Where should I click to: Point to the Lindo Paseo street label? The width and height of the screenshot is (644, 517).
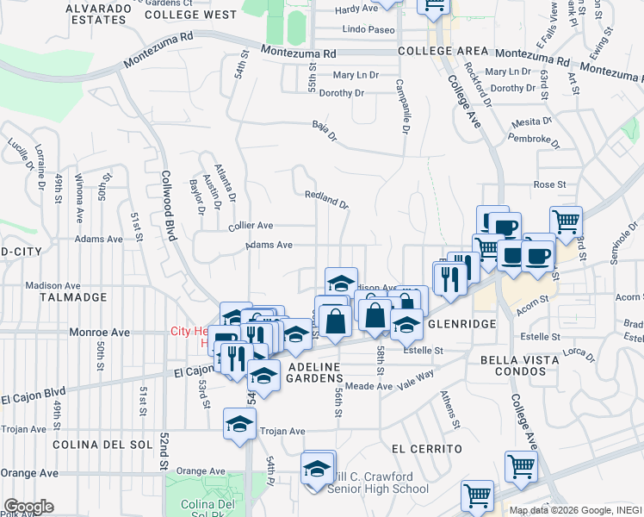tap(368, 29)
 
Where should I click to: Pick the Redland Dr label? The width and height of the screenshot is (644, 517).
tap(327, 200)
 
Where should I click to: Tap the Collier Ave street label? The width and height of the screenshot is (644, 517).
tap(251, 226)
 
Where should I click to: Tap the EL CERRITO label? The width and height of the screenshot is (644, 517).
tap(426, 449)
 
